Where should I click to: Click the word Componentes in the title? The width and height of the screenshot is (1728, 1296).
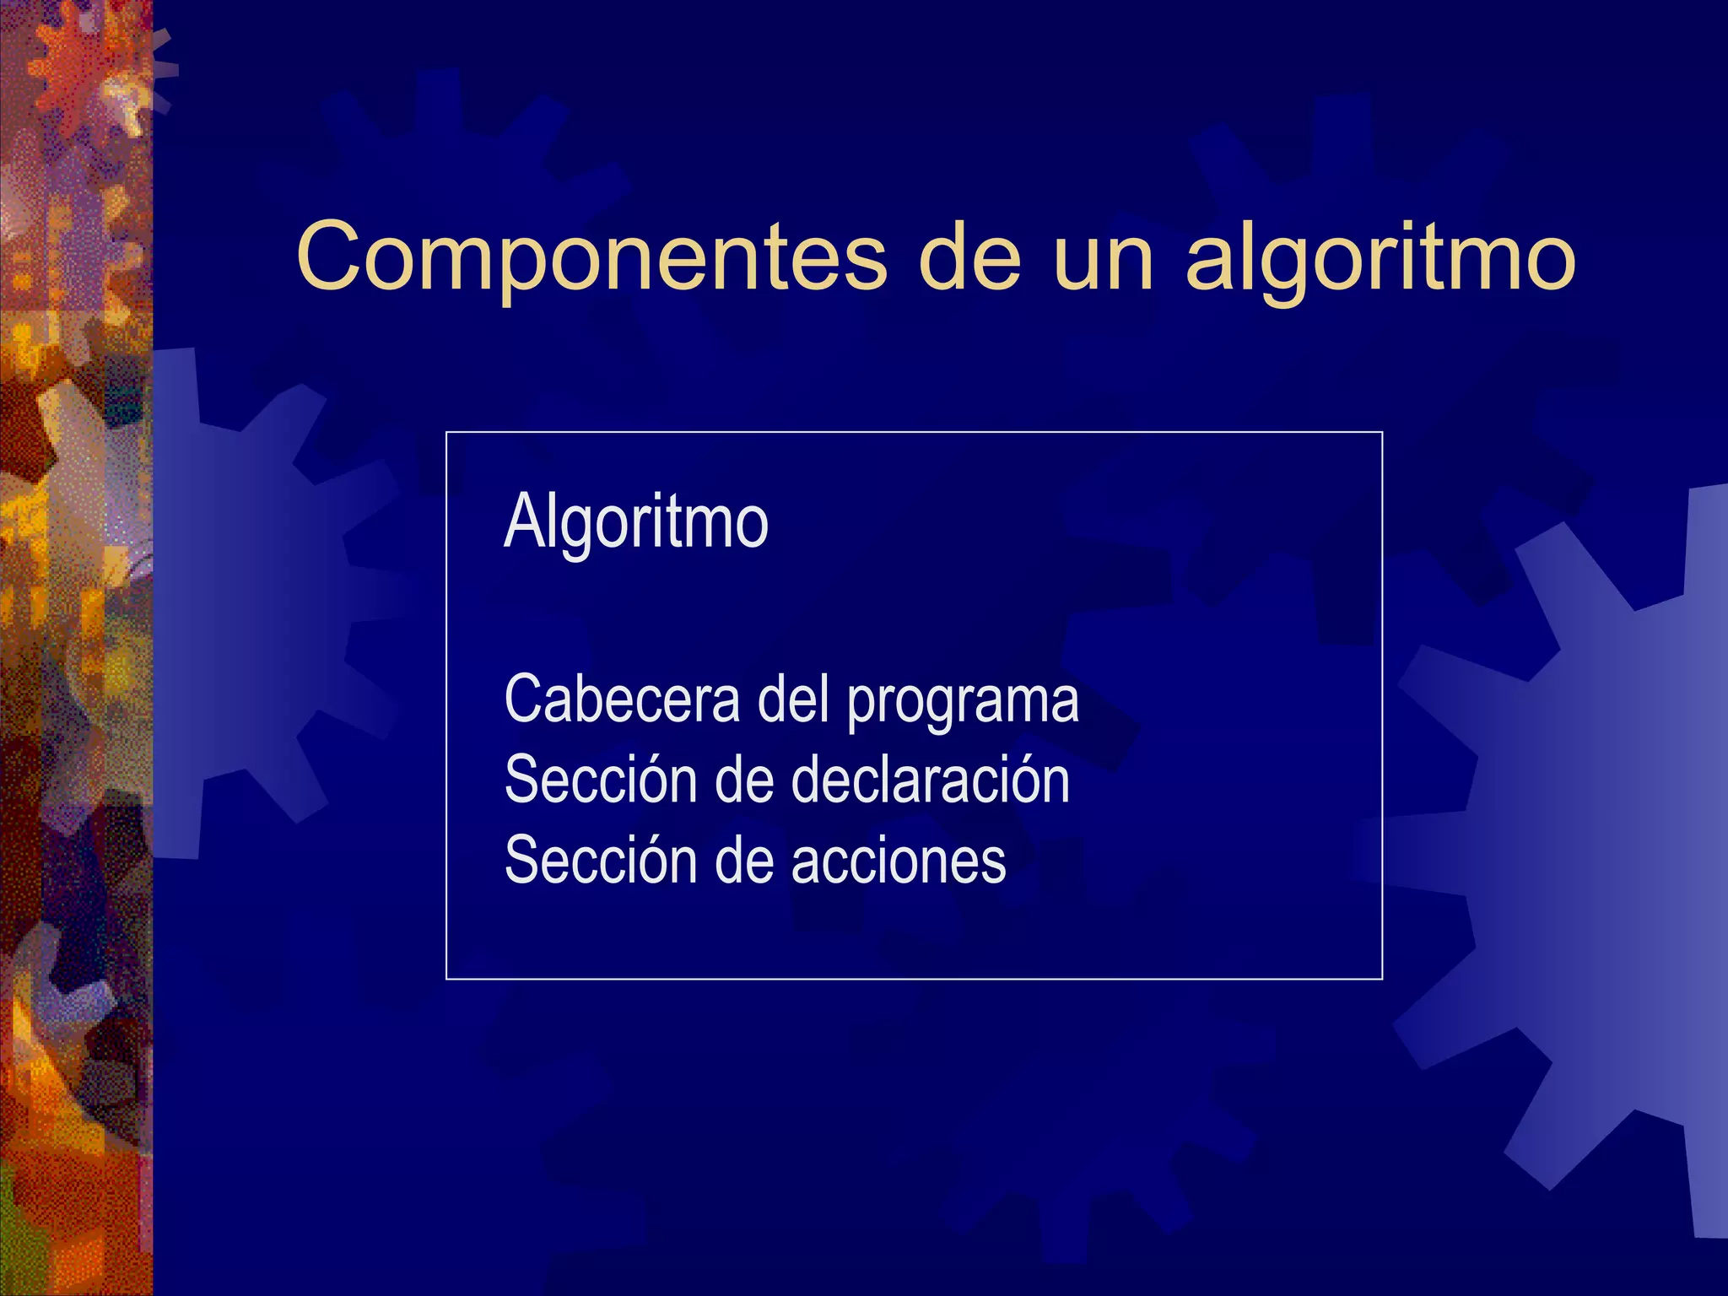[591, 257]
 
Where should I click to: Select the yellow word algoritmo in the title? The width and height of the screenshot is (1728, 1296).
[1380, 257]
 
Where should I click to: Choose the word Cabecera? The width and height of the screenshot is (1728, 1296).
[622, 699]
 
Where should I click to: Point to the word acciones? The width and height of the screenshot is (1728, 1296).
[899, 861]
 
